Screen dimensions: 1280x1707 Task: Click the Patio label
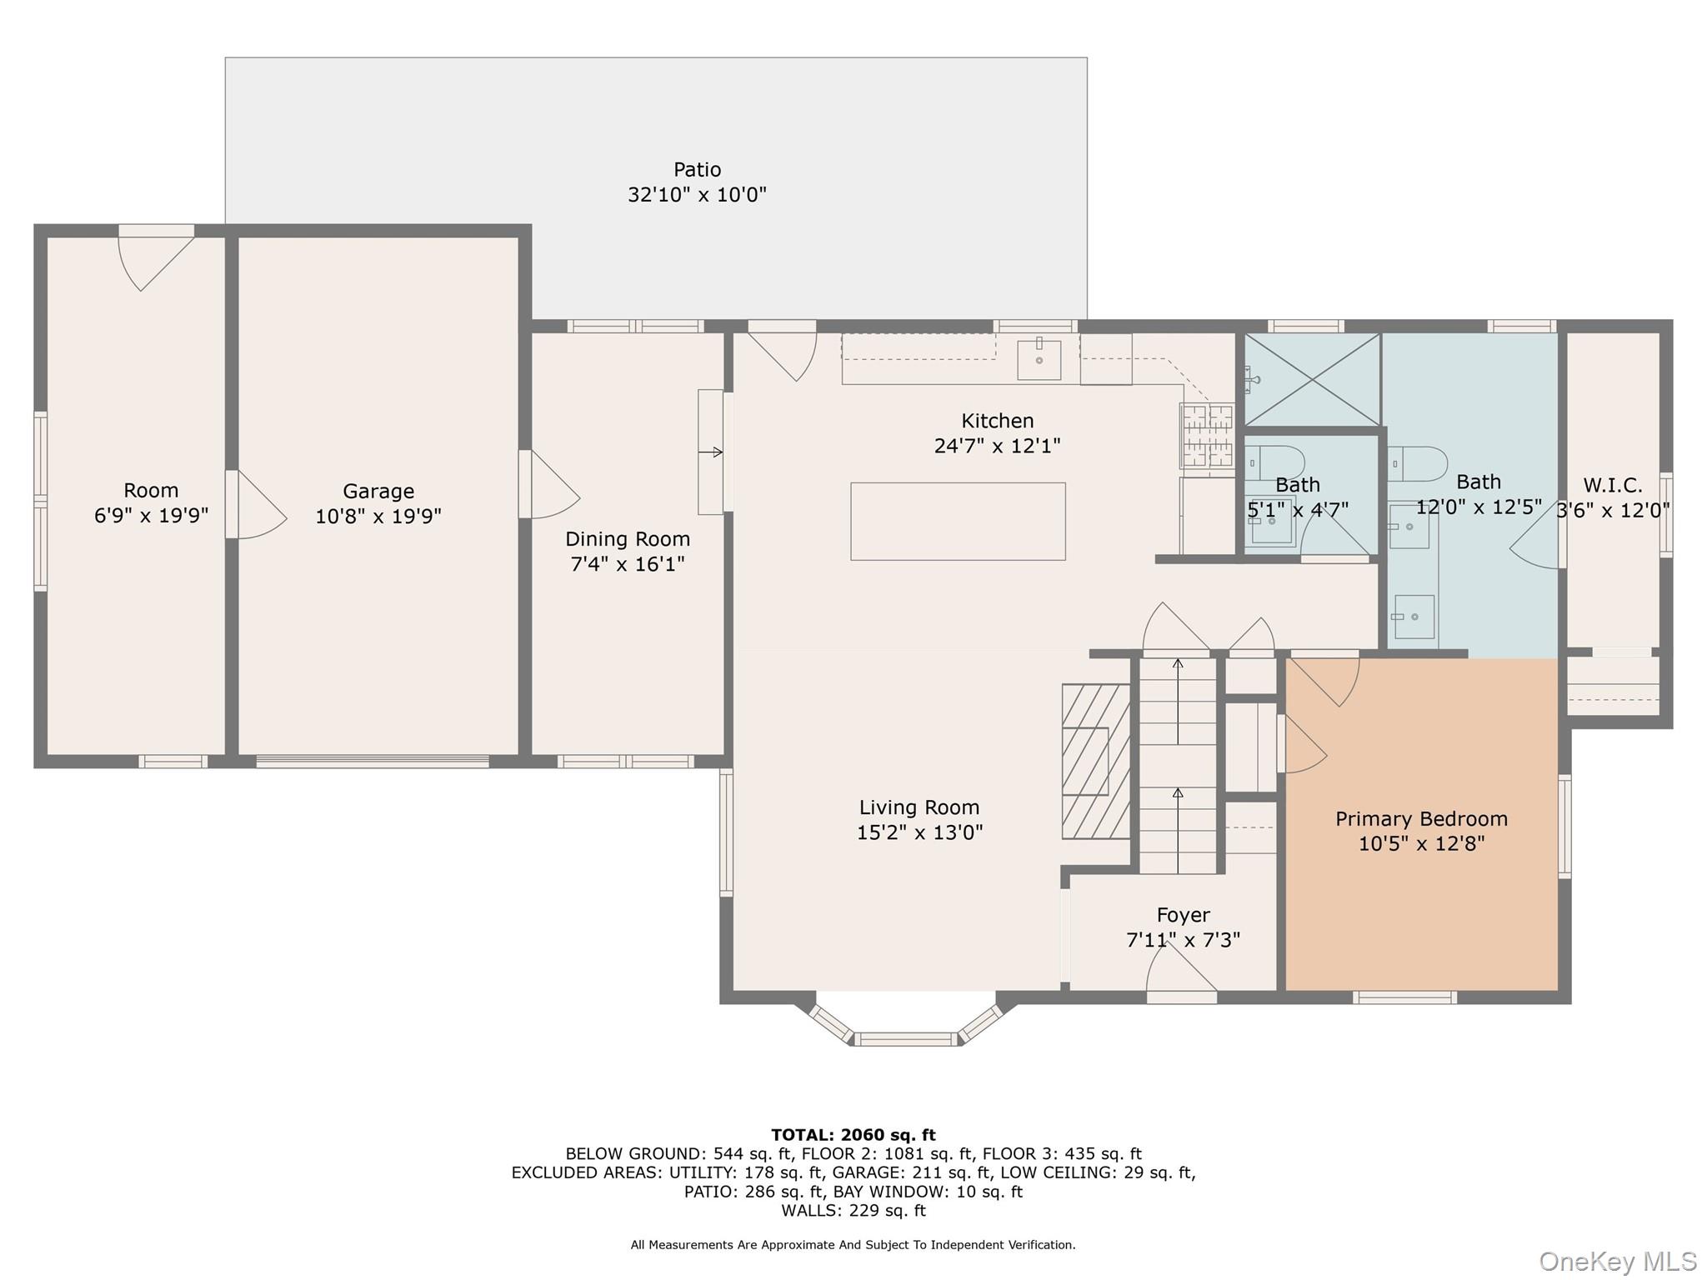(x=697, y=170)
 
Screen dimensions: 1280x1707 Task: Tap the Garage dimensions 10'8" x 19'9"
(x=378, y=517)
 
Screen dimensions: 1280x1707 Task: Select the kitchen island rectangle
(x=958, y=522)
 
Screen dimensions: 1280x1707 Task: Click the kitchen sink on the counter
(x=1039, y=360)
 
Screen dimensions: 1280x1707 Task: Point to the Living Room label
(x=919, y=807)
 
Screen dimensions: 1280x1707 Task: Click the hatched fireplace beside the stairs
(x=1095, y=761)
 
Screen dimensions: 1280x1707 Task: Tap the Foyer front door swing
(x=1179, y=971)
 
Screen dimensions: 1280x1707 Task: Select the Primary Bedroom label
(x=1421, y=819)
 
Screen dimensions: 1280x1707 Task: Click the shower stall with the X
(x=1311, y=379)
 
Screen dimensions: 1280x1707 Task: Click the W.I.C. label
(x=1612, y=486)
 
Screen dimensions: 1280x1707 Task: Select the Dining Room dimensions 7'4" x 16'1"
(x=627, y=564)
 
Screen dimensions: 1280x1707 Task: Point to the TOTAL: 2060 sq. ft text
(x=853, y=1135)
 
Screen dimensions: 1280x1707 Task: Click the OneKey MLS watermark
(x=1617, y=1262)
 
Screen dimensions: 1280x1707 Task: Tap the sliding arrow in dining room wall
(x=711, y=452)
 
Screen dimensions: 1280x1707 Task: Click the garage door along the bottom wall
(x=372, y=762)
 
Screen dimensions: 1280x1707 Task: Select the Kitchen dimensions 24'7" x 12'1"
(x=997, y=447)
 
